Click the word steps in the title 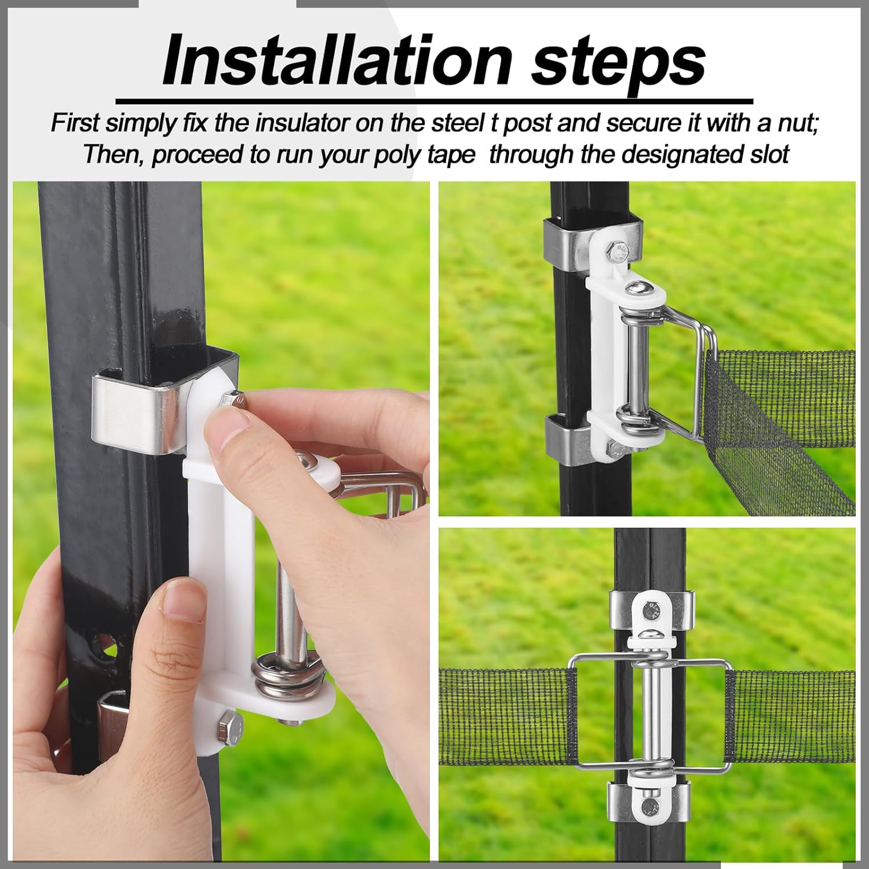tap(618, 60)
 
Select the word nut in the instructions tap(802, 124)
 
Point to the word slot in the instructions tap(766, 155)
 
